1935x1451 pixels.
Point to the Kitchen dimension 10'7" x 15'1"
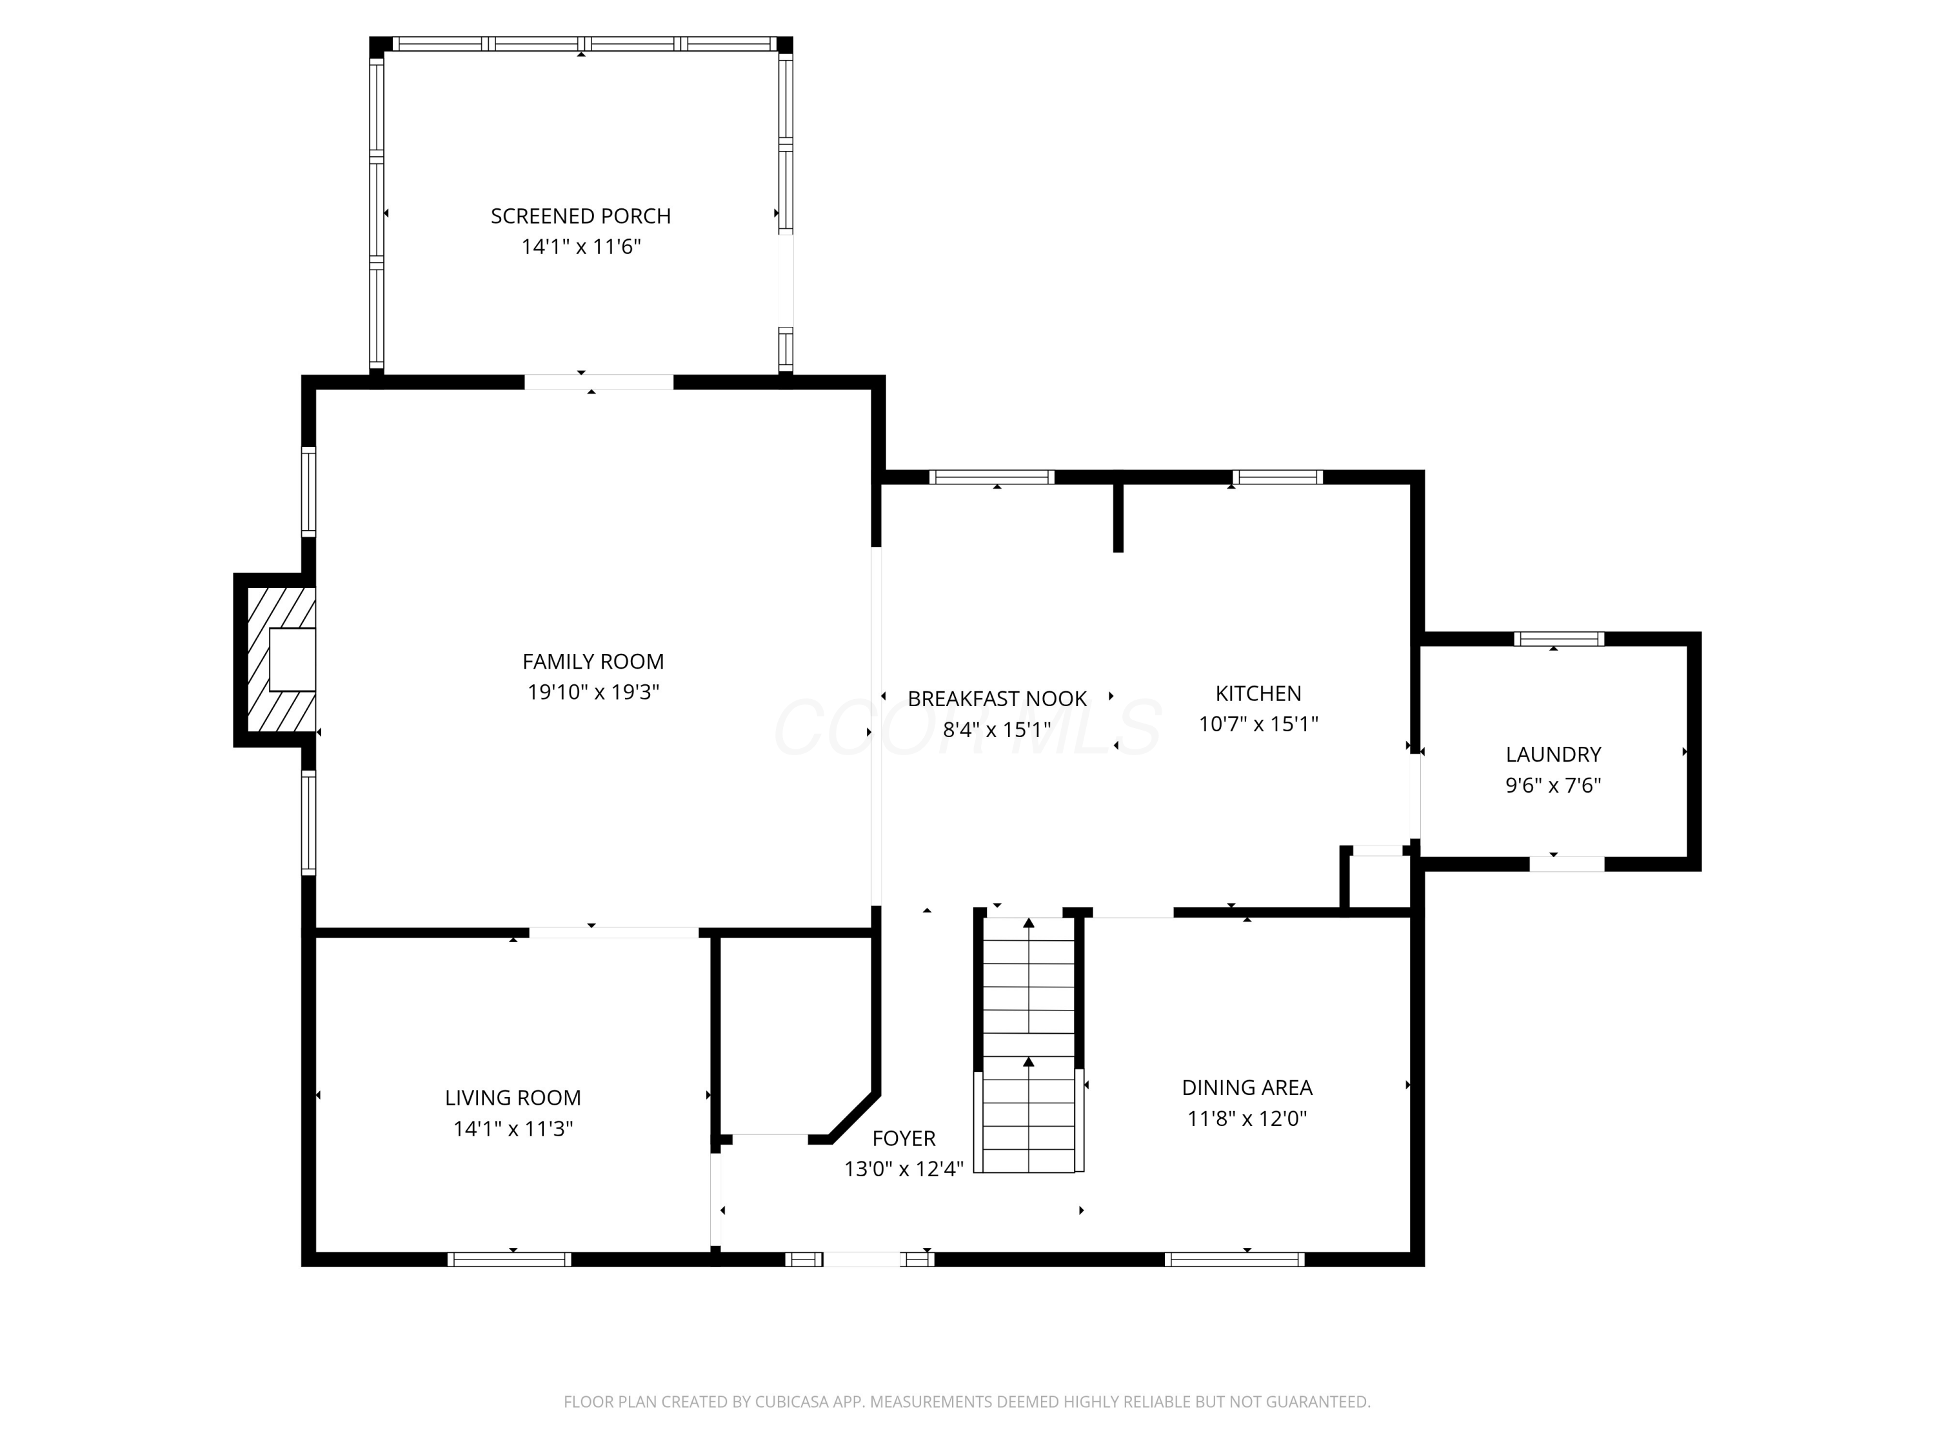click(1257, 724)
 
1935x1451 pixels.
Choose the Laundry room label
click(1553, 754)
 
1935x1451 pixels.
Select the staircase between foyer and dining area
click(1028, 1045)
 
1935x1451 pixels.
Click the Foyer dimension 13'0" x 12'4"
click(903, 1169)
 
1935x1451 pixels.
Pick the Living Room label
click(513, 1098)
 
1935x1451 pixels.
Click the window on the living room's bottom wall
click(509, 1259)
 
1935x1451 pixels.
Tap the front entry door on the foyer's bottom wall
click(861, 1259)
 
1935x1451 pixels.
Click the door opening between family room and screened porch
click(599, 382)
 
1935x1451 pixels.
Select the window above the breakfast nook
click(991, 477)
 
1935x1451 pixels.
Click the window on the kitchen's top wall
click(1276, 477)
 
